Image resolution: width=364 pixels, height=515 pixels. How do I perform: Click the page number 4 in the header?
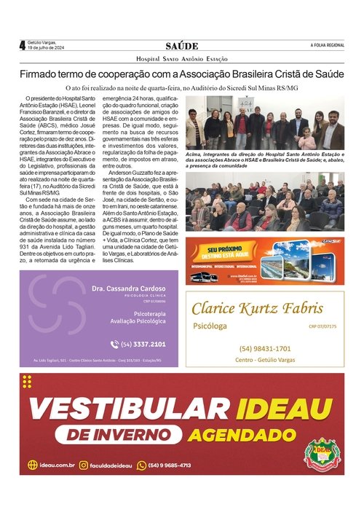click(x=22, y=45)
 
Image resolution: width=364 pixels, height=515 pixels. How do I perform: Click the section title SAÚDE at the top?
click(x=181, y=46)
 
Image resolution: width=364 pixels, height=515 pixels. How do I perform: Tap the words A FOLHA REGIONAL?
click(x=327, y=46)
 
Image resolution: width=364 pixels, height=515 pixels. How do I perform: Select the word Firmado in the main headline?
click(x=40, y=74)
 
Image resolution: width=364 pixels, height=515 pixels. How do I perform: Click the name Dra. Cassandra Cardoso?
click(x=129, y=288)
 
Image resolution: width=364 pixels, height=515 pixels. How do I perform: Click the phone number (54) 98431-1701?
click(x=264, y=348)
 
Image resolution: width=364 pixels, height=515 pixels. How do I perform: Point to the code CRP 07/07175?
click(x=323, y=327)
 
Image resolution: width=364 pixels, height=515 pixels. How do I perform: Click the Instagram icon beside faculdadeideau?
click(x=84, y=465)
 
